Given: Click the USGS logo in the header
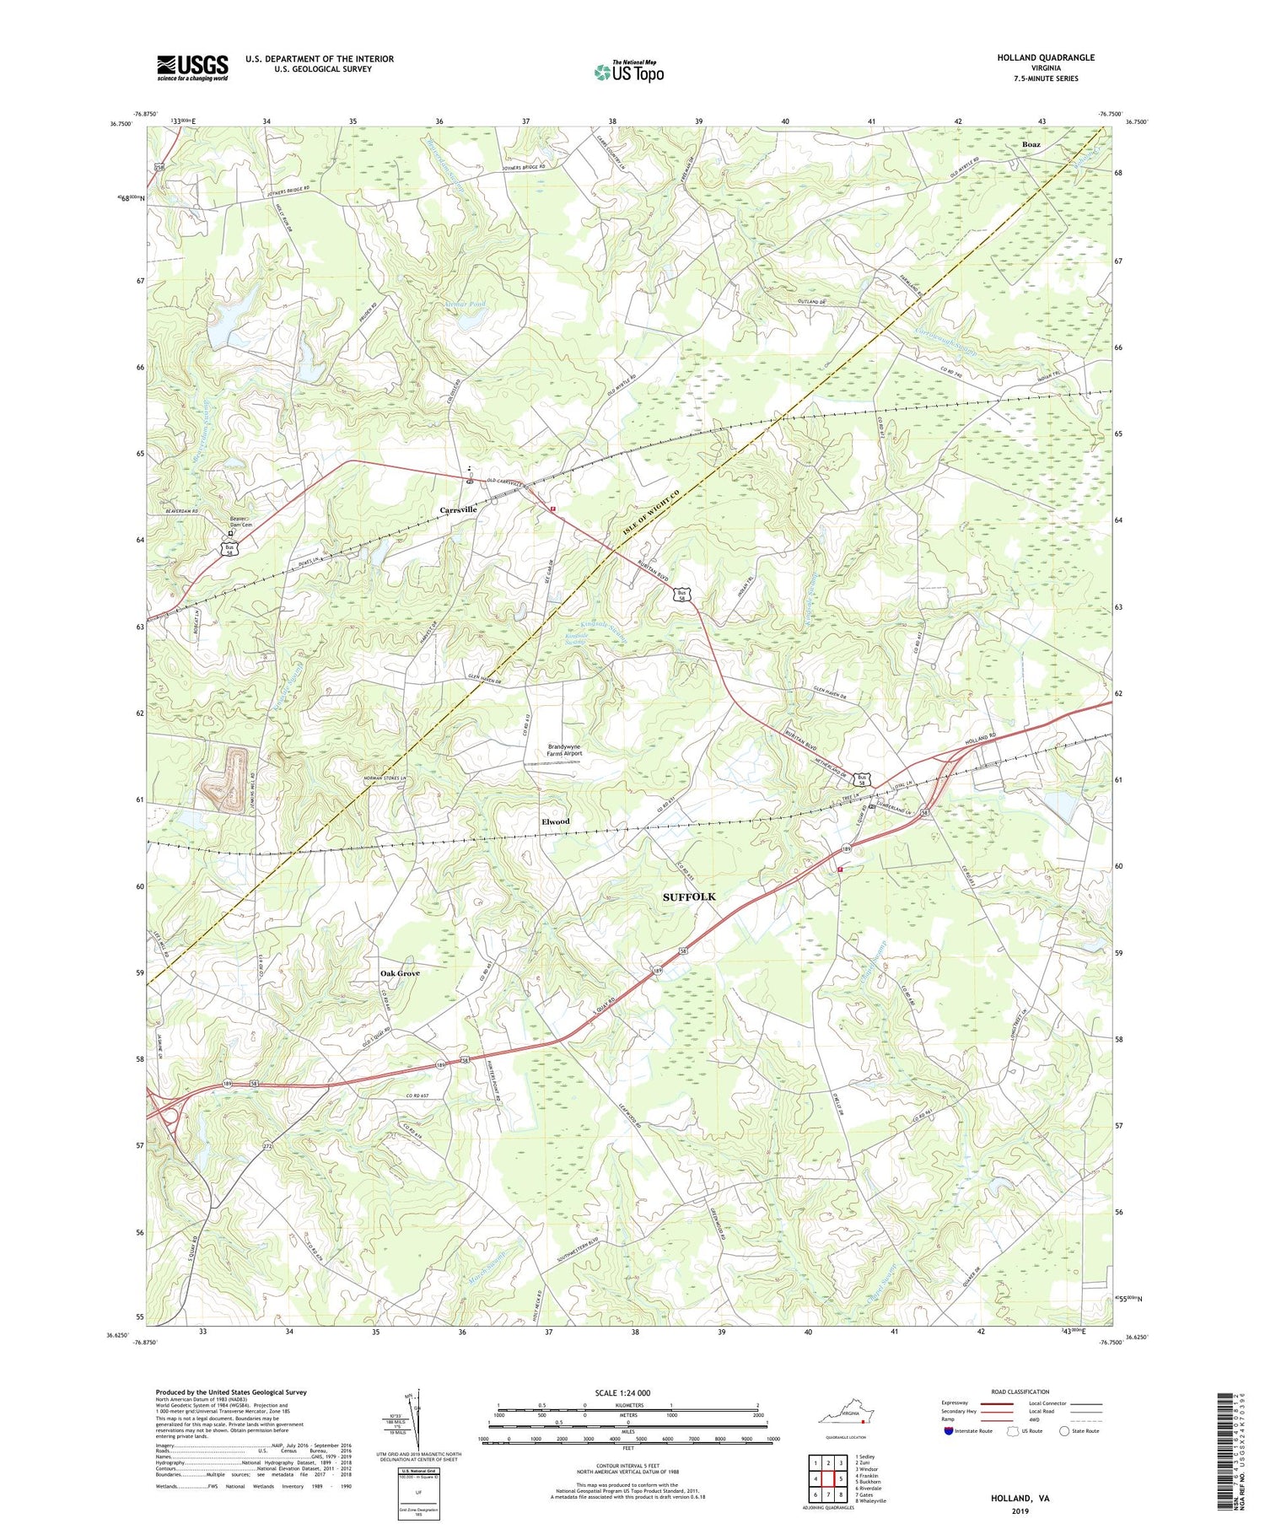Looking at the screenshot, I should [192, 67].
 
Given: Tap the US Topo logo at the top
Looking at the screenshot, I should [628, 73].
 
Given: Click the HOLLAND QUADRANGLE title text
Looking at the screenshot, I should [1046, 57].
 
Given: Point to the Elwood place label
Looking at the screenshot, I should [555, 821].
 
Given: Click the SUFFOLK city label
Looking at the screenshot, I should [688, 896].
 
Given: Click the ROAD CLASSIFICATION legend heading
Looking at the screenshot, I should [1020, 1392].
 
